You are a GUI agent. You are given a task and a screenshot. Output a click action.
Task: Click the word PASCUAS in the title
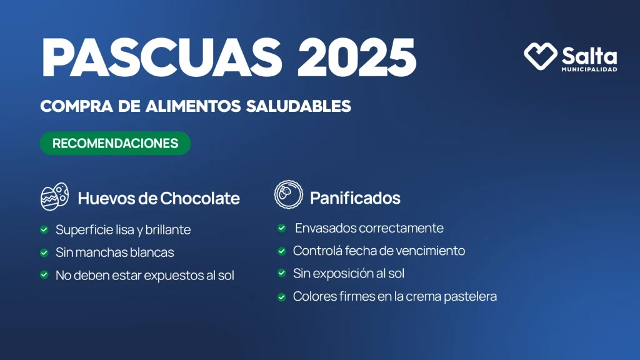click(162, 57)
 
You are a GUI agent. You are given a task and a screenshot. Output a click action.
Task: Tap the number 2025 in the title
click(357, 57)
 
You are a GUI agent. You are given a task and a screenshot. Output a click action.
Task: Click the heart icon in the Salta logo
click(541, 56)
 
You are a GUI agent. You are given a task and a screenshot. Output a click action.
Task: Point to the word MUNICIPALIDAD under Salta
click(589, 69)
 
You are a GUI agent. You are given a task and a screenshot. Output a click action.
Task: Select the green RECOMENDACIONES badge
click(116, 143)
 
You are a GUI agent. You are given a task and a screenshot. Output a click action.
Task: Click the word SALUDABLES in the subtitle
click(298, 106)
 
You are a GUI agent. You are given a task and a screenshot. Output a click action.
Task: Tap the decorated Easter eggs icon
click(55, 196)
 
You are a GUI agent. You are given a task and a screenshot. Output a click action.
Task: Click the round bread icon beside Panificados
click(289, 195)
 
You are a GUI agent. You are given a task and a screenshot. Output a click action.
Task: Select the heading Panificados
click(355, 198)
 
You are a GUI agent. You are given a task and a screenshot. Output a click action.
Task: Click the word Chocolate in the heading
click(199, 198)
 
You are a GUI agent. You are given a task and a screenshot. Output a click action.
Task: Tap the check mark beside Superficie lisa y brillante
click(44, 230)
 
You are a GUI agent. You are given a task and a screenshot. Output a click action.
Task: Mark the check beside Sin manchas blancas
click(44, 252)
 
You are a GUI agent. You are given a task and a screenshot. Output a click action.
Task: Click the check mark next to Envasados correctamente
click(282, 228)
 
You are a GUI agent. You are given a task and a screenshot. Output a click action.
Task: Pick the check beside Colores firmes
click(282, 297)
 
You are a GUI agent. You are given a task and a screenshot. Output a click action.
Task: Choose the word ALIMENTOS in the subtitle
click(193, 106)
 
